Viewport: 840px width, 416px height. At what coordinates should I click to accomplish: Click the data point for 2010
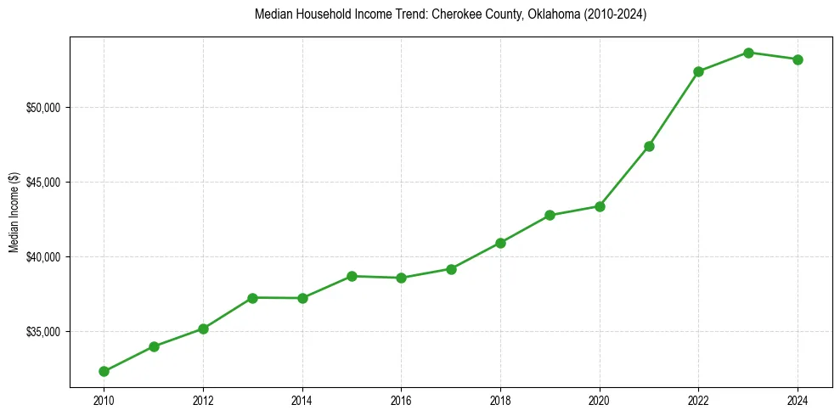[x=104, y=371]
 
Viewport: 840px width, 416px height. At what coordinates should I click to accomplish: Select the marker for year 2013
[x=252, y=297]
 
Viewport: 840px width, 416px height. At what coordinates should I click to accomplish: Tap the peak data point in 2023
[x=748, y=53]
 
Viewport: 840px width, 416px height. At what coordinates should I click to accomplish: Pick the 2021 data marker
[x=649, y=146]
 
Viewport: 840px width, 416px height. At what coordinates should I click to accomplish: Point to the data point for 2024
[x=798, y=59]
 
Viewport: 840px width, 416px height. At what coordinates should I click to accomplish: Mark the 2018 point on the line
[x=500, y=243]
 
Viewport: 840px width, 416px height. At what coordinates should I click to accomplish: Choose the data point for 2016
[x=401, y=278]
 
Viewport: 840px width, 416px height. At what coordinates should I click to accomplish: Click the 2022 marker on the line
[x=698, y=71]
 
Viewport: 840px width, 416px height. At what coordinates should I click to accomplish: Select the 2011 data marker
[x=154, y=346]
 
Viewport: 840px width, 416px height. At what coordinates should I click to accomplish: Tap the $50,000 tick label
[x=45, y=108]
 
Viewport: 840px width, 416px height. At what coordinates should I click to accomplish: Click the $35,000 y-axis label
[x=45, y=332]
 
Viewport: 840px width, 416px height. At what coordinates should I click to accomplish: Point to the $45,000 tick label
[x=45, y=183]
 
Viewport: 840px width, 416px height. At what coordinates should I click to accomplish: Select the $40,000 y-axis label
[x=45, y=257]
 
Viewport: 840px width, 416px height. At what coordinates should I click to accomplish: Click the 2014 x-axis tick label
[x=302, y=399]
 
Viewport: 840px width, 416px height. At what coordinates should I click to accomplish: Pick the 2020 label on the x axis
[x=600, y=399]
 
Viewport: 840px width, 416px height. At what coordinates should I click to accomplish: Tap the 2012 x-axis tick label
[x=203, y=399]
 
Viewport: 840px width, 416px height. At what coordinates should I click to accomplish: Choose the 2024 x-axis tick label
[x=798, y=399]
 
